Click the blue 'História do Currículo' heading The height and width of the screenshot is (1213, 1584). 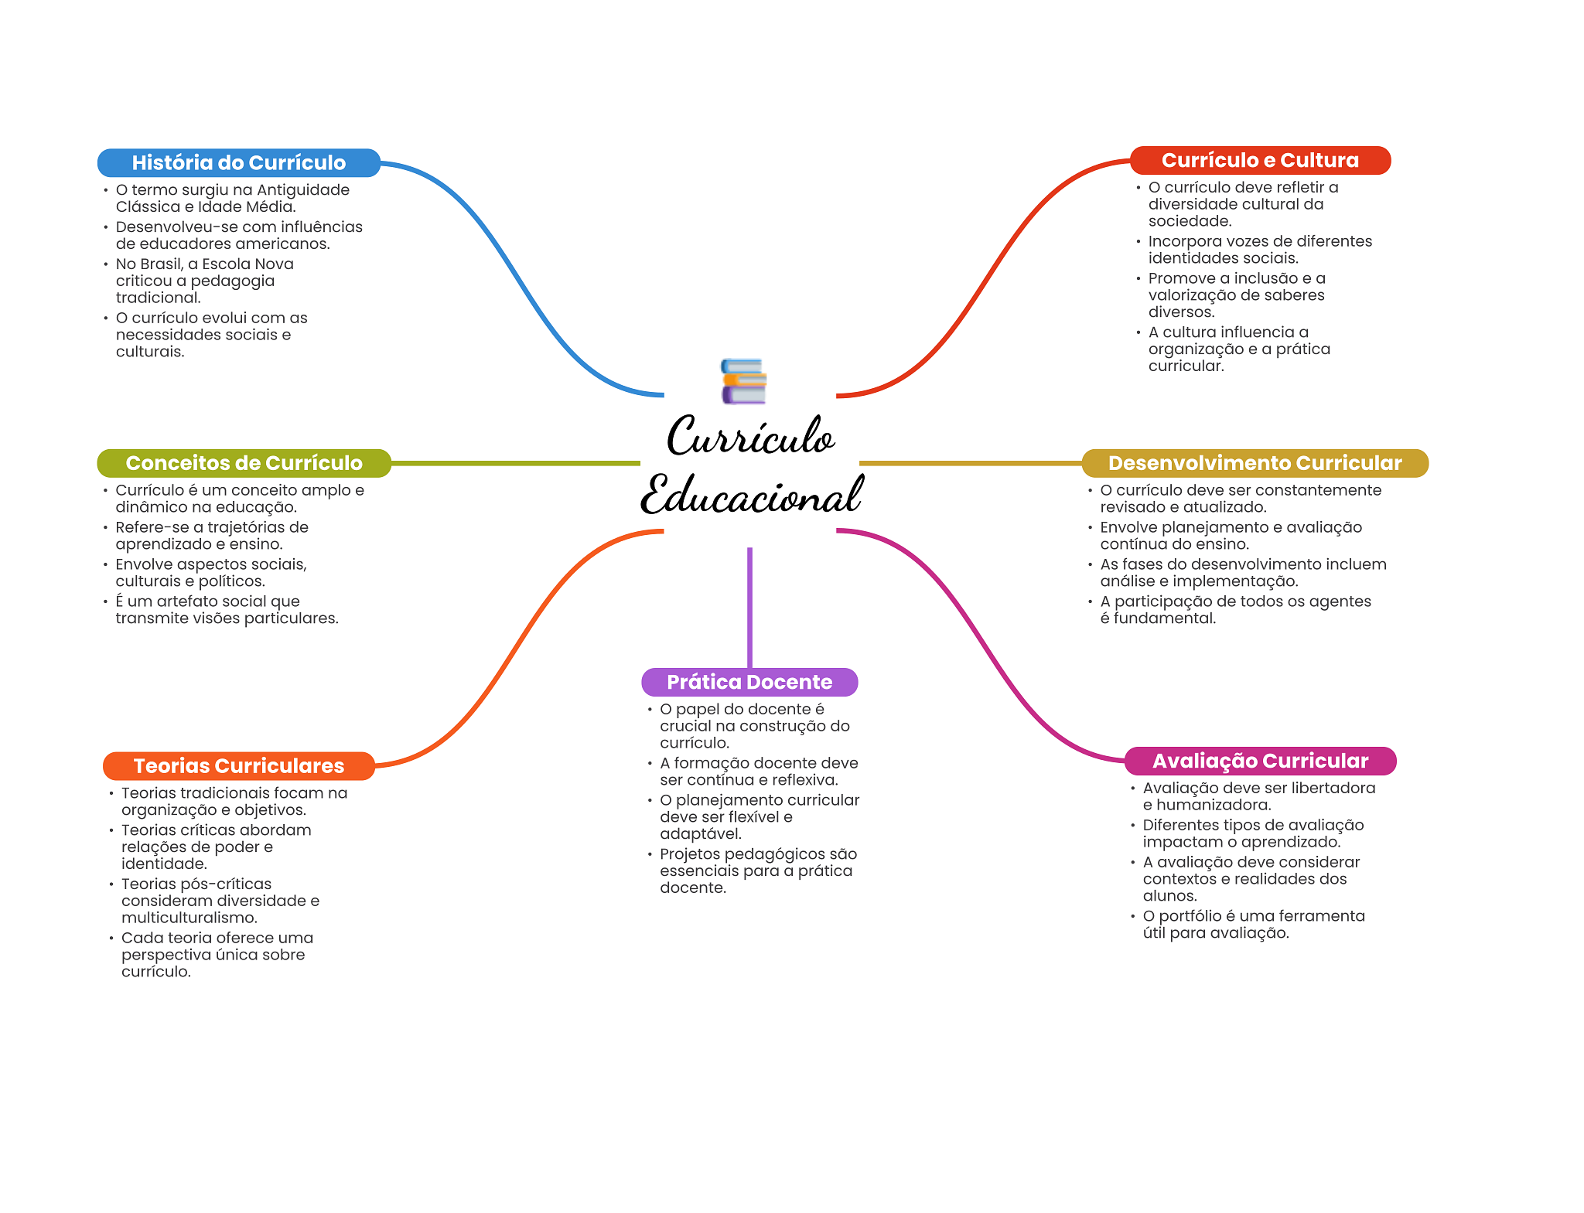point(238,162)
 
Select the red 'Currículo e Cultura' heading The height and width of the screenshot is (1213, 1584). point(1260,160)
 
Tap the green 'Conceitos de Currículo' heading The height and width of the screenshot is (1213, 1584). point(244,463)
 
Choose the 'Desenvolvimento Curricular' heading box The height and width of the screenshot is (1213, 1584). point(1255,463)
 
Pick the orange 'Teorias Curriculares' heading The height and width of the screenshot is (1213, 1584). point(238,765)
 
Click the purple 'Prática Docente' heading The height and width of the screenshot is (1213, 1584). point(749,682)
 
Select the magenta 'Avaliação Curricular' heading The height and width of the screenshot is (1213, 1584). point(1260,761)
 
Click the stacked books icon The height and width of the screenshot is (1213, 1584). point(743,381)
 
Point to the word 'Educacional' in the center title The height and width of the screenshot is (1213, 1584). point(751,496)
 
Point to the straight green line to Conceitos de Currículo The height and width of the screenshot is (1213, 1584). point(515,463)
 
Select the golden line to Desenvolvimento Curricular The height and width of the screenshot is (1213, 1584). point(970,463)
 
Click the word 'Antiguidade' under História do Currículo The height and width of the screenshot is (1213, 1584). point(303,190)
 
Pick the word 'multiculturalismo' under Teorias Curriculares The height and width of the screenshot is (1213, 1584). point(189,918)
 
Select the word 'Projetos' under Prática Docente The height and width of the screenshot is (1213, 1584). point(689,854)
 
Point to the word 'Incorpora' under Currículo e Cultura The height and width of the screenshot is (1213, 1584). point(1183,241)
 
